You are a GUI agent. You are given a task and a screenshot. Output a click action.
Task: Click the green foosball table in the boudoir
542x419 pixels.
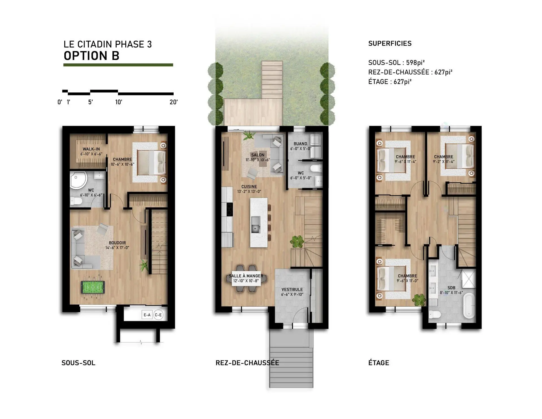coord(93,287)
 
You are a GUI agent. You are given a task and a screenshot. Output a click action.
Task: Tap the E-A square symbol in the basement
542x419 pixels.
coord(147,315)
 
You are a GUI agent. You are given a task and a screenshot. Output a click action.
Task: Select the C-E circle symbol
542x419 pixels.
coord(158,315)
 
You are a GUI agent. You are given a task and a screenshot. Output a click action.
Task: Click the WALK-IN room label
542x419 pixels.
coord(91,149)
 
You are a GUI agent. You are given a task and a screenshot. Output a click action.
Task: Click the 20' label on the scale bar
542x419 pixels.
coord(173,102)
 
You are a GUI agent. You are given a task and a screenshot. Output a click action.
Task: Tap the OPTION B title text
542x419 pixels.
coord(91,56)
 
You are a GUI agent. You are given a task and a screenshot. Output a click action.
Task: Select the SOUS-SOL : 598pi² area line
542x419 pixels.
coord(396,62)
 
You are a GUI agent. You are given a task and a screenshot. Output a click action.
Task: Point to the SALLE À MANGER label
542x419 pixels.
coord(246,276)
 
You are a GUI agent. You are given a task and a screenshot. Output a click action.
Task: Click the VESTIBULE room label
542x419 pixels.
coord(292,289)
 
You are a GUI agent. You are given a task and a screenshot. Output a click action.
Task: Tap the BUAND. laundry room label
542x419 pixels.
coord(301,144)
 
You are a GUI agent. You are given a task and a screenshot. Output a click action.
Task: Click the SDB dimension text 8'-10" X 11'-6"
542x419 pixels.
coord(451,293)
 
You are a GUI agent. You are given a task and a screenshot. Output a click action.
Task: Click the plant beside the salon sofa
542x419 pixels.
coord(249,135)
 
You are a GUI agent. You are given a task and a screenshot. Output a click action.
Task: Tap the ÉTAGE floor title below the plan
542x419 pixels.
coord(379,363)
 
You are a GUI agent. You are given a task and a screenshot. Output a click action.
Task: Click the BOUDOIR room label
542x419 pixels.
coord(117,243)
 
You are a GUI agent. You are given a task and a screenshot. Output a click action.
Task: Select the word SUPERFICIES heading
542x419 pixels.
coord(390,44)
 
